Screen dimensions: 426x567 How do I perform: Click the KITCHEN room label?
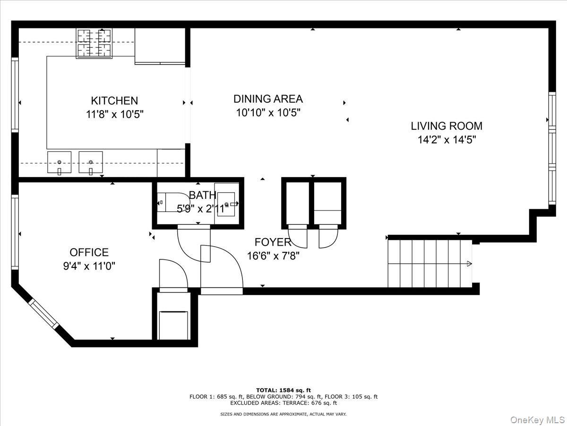pyautogui.click(x=114, y=101)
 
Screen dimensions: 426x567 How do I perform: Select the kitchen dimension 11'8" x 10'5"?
pyautogui.click(x=114, y=114)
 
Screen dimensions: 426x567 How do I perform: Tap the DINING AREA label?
pyautogui.click(x=268, y=99)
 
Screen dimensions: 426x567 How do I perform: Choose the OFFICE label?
pyautogui.click(x=89, y=252)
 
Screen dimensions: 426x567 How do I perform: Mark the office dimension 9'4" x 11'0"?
pyautogui.click(x=89, y=266)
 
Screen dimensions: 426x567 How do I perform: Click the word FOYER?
pyautogui.click(x=273, y=242)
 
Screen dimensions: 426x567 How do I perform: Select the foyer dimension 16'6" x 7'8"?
pyautogui.click(x=273, y=256)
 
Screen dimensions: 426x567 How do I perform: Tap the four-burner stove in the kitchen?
pyautogui.click(x=94, y=43)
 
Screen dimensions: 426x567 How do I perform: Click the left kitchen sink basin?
pyautogui.click(x=59, y=162)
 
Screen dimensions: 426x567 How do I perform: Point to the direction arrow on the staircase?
pyautogui.click(x=469, y=264)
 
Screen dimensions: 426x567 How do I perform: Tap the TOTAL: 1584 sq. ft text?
pyautogui.click(x=283, y=390)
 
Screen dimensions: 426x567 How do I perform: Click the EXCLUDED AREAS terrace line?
pyautogui.click(x=283, y=403)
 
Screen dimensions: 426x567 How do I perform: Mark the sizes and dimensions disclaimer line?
pyautogui.click(x=283, y=414)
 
